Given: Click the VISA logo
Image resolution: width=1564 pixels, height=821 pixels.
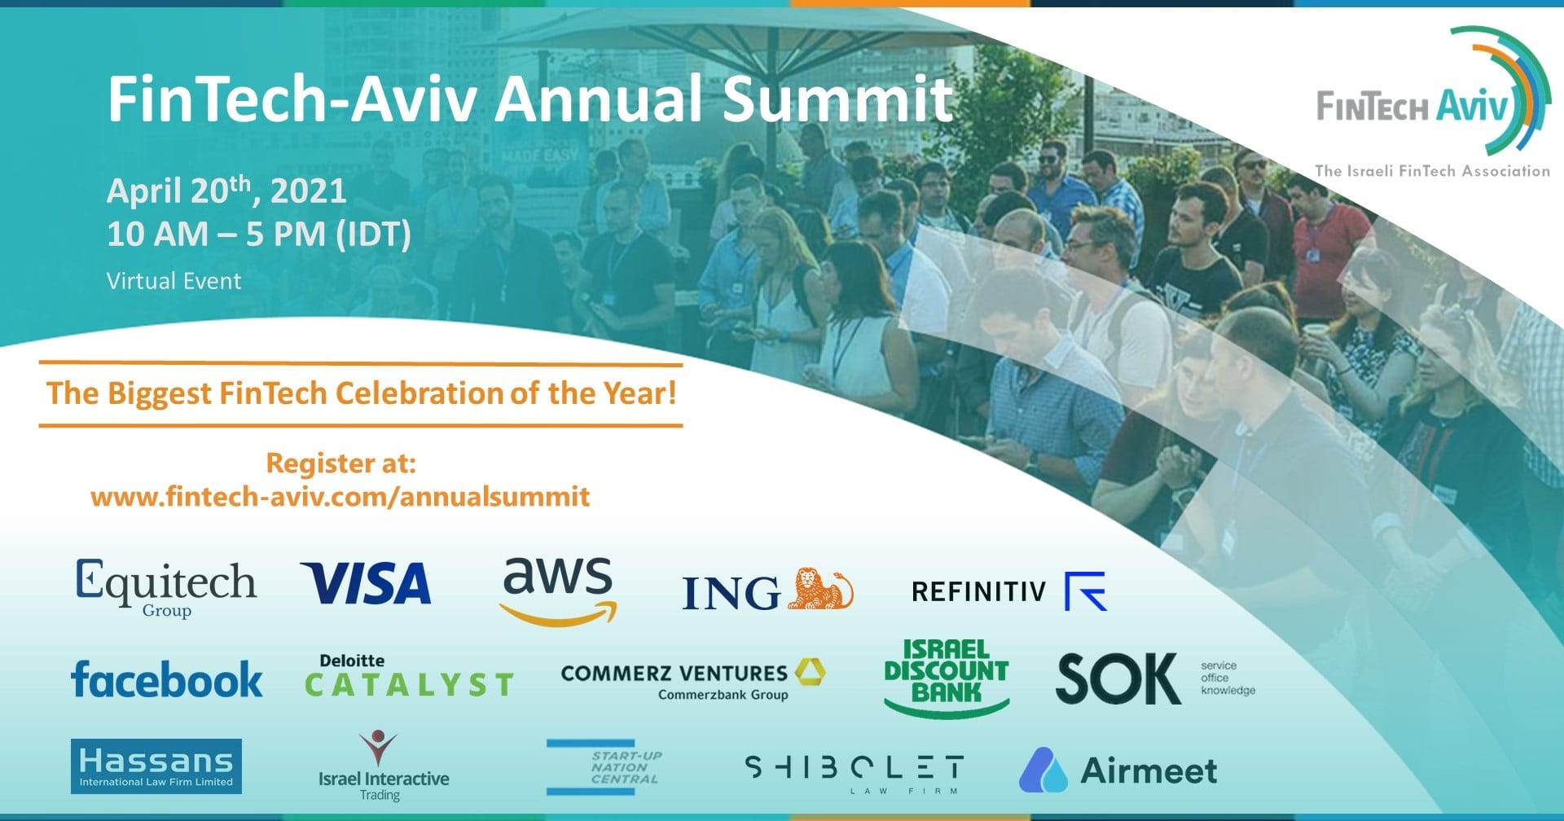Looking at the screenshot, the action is [x=366, y=583].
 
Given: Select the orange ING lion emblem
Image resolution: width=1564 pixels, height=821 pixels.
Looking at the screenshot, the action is [x=819, y=589].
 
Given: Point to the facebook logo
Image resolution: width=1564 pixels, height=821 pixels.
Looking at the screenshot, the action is [x=167, y=679].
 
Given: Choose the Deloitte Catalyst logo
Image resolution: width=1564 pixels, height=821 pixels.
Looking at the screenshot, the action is [x=409, y=676].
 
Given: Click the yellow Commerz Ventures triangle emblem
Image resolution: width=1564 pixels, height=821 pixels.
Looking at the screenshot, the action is [x=810, y=671].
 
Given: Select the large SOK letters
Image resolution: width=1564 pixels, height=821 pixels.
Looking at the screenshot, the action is [x=1118, y=678].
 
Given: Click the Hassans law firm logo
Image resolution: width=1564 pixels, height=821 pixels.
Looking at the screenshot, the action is [x=156, y=766].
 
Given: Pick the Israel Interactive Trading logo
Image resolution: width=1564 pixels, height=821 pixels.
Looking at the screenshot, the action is [x=383, y=766].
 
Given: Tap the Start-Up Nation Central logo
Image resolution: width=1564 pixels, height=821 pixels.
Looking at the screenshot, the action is [x=604, y=766].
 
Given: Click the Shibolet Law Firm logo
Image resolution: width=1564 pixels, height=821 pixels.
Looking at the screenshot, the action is [x=854, y=773].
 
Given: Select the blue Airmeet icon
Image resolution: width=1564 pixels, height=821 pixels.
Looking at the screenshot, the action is [x=1043, y=771].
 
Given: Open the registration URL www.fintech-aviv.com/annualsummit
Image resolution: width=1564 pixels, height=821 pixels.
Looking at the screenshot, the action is [x=340, y=496].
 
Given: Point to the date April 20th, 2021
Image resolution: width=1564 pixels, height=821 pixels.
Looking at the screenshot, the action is [x=226, y=190].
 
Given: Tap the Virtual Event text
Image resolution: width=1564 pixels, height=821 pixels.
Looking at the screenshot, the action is [x=174, y=281].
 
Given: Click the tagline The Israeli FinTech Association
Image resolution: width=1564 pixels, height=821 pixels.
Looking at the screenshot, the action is [x=1432, y=171].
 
